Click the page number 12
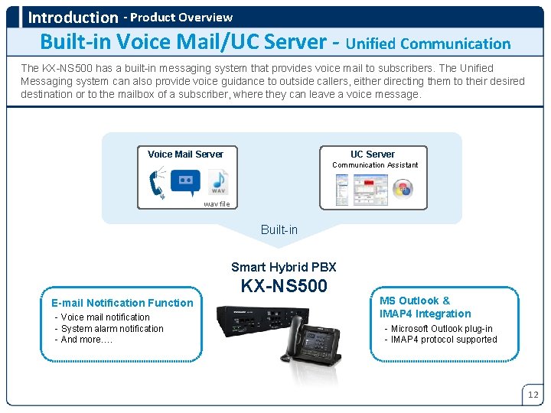[533, 395]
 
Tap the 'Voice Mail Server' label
[185, 154]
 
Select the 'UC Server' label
[373, 154]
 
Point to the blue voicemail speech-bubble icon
[185, 181]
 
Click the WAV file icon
[218, 183]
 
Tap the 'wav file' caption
[217, 204]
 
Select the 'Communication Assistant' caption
[375, 165]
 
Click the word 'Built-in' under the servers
[279, 229]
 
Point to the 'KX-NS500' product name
[284, 286]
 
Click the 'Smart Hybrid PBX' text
[284, 267]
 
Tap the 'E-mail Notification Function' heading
[122, 303]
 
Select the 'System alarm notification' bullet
[112, 329]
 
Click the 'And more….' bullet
[86, 340]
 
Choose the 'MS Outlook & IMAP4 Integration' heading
[425, 307]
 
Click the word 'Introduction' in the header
[73, 17]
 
